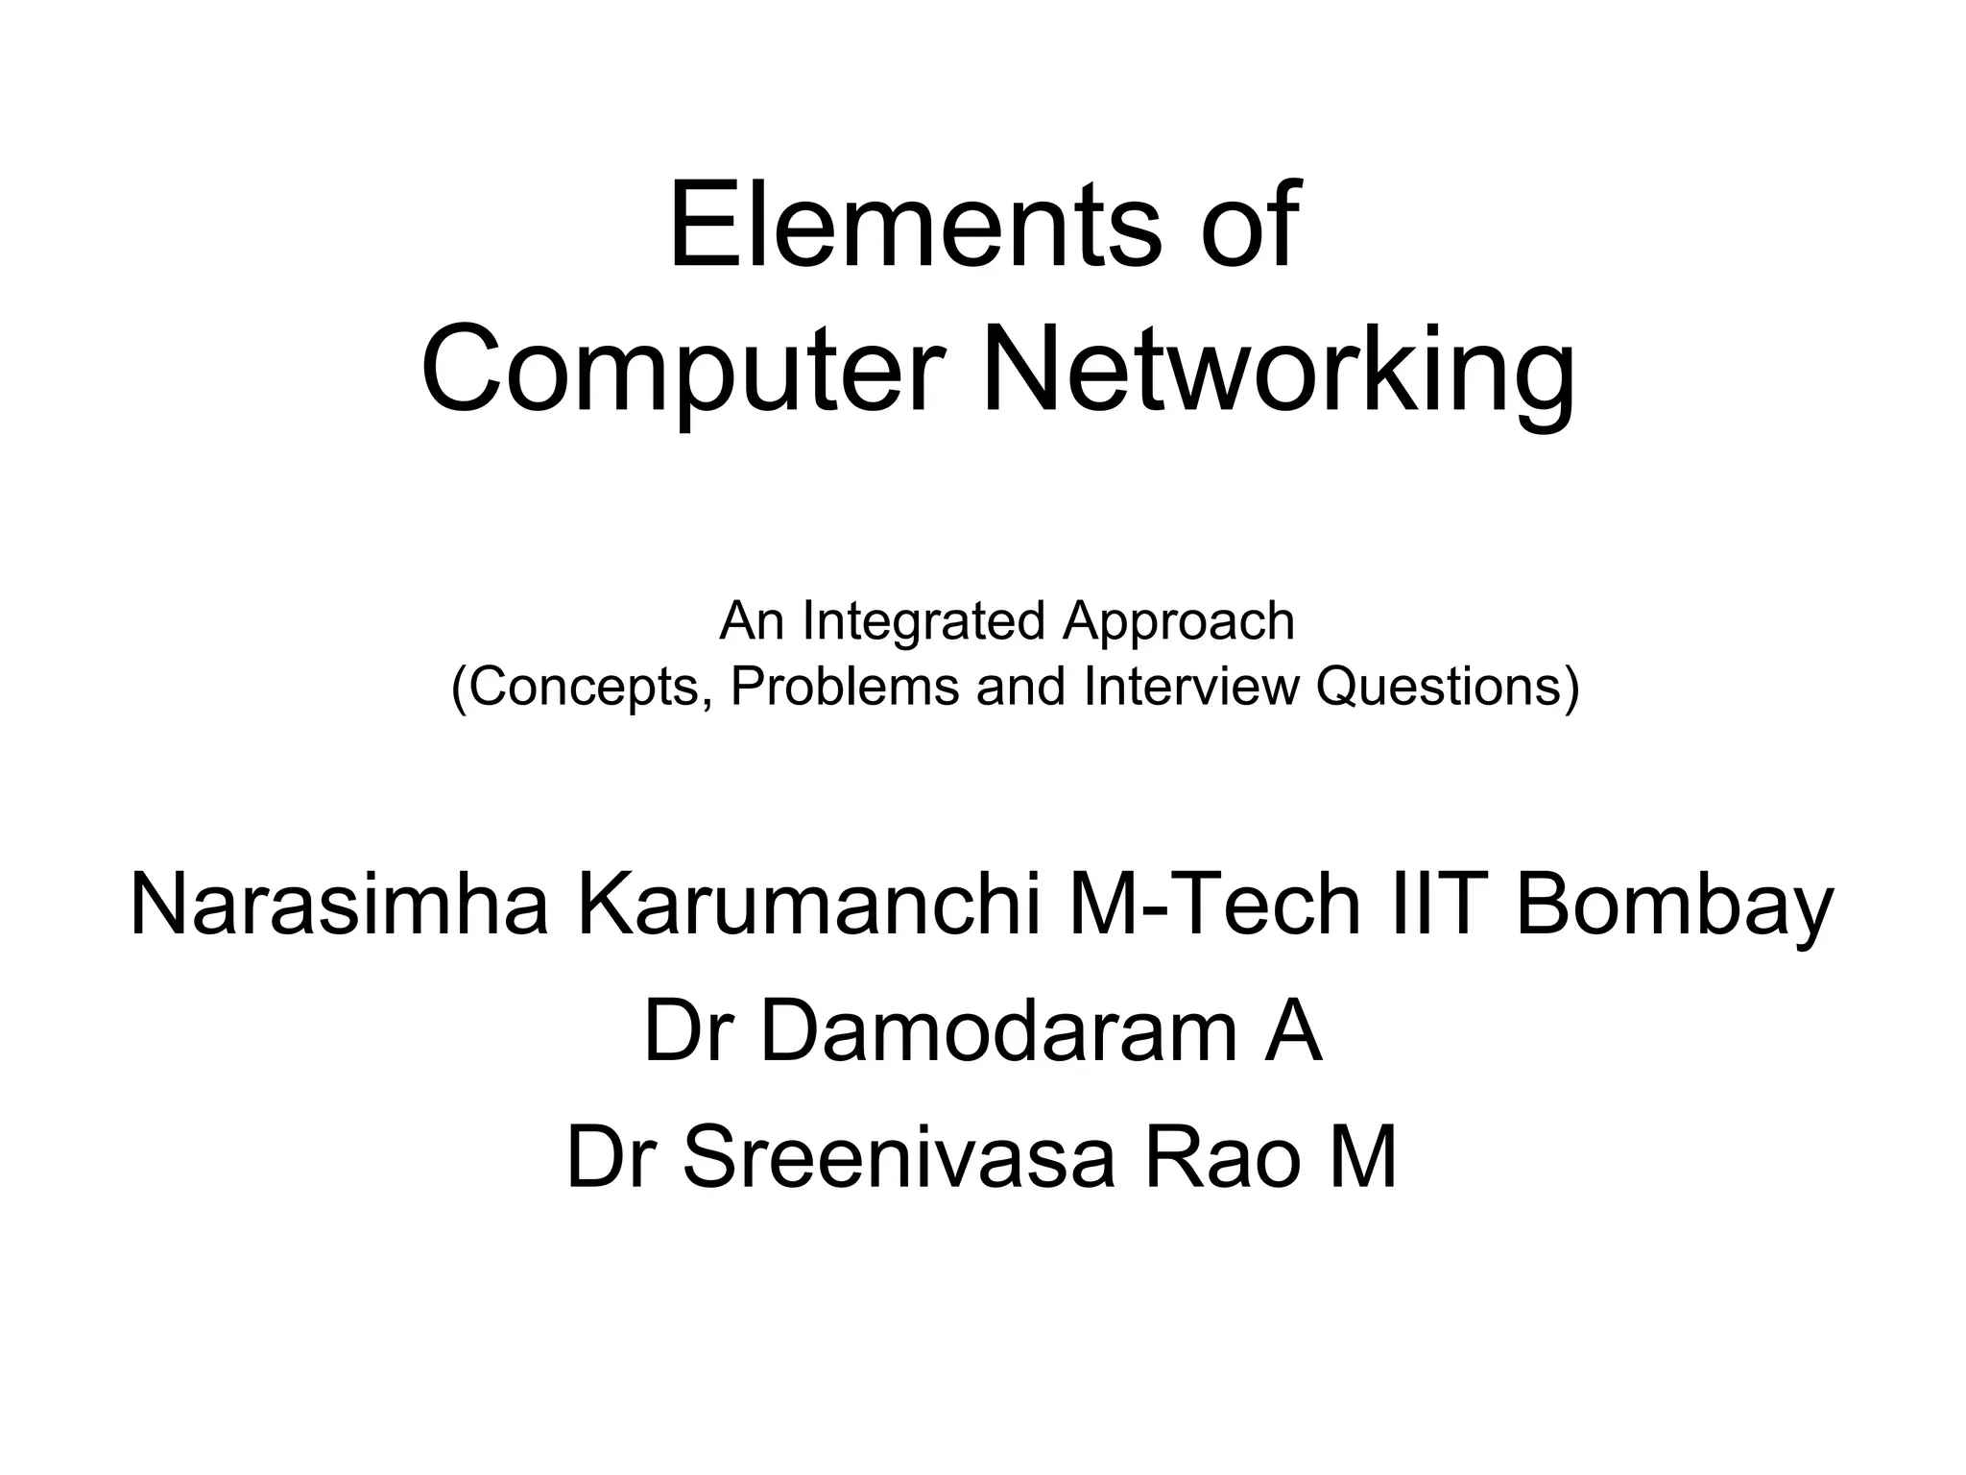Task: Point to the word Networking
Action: [1277, 371]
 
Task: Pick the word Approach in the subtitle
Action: [1179, 622]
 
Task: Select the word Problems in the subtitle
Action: [845, 687]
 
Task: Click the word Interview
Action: [1190, 687]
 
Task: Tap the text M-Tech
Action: [1214, 906]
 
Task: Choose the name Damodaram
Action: [998, 1032]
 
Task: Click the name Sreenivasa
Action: [899, 1158]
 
